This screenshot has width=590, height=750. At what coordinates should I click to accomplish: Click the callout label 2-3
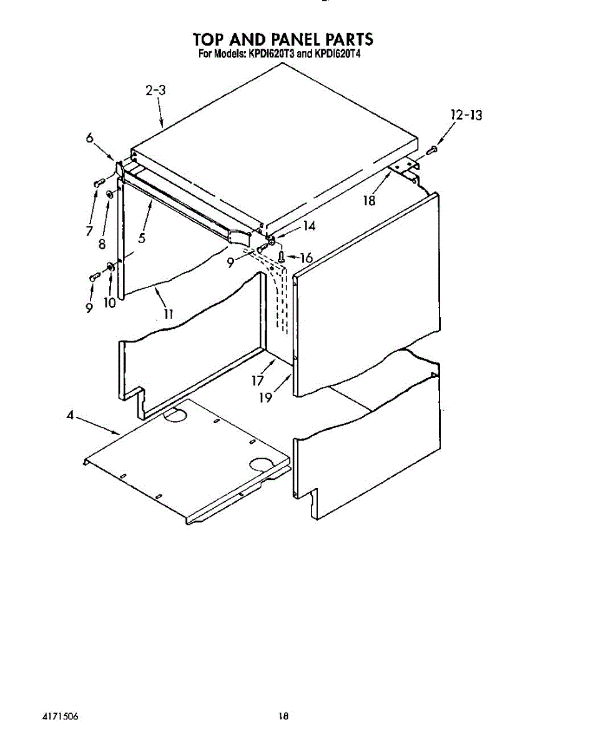155,91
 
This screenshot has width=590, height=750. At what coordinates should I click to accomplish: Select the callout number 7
90,231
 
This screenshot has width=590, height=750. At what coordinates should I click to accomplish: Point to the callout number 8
102,244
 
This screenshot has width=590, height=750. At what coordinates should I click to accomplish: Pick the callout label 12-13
466,115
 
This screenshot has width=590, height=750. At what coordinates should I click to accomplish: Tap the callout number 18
370,201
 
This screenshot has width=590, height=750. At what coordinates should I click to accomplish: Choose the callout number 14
308,226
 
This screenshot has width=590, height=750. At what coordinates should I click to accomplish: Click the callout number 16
305,257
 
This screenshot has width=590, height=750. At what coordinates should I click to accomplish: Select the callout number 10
110,302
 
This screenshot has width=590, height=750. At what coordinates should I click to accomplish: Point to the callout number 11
168,314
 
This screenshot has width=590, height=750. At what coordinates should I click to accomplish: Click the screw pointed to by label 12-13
432,149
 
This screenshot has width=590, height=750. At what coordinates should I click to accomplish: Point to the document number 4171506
61,717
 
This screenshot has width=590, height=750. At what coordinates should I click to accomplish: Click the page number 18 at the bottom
283,717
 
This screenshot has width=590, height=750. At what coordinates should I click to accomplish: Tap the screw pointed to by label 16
281,256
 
